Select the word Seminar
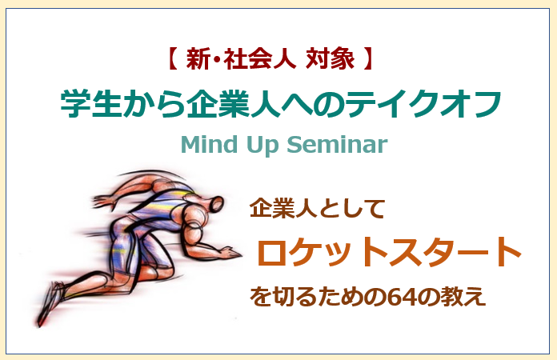coord(337,144)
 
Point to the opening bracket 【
coord(172,59)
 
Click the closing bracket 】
coord(368,59)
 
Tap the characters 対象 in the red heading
coord(330,59)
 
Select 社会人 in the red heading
coord(259,59)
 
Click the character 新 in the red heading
coord(198,59)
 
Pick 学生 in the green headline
coord(91,103)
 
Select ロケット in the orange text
coord(322,252)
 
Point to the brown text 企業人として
coord(317,208)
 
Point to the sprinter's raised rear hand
coord(103,201)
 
